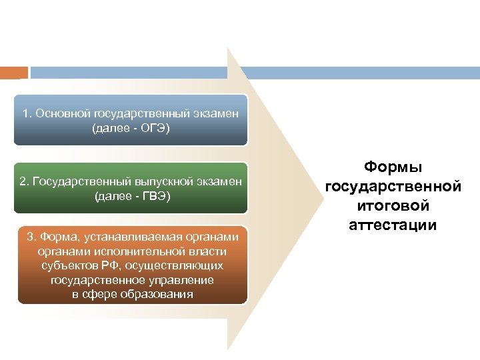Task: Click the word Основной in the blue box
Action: [x=67, y=113]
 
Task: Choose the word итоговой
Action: [x=393, y=205]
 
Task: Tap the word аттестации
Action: [x=393, y=225]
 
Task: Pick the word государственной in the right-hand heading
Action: [x=393, y=187]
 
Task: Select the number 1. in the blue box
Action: [x=27, y=113]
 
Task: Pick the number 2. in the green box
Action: [x=25, y=183]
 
